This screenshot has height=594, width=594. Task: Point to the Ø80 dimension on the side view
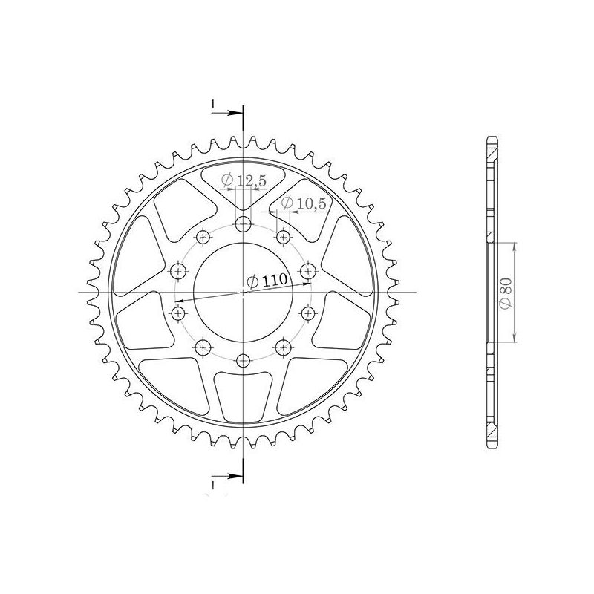point(506,293)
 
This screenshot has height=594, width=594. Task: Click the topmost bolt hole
point(243,225)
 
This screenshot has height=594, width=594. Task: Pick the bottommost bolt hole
point(243,361)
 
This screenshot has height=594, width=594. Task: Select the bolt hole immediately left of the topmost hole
point(203,237)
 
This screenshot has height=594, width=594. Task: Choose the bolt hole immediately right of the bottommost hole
point(283,346)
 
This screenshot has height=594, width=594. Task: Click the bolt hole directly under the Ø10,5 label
point(283,237)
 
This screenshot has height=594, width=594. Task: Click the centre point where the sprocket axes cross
point(243,293)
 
